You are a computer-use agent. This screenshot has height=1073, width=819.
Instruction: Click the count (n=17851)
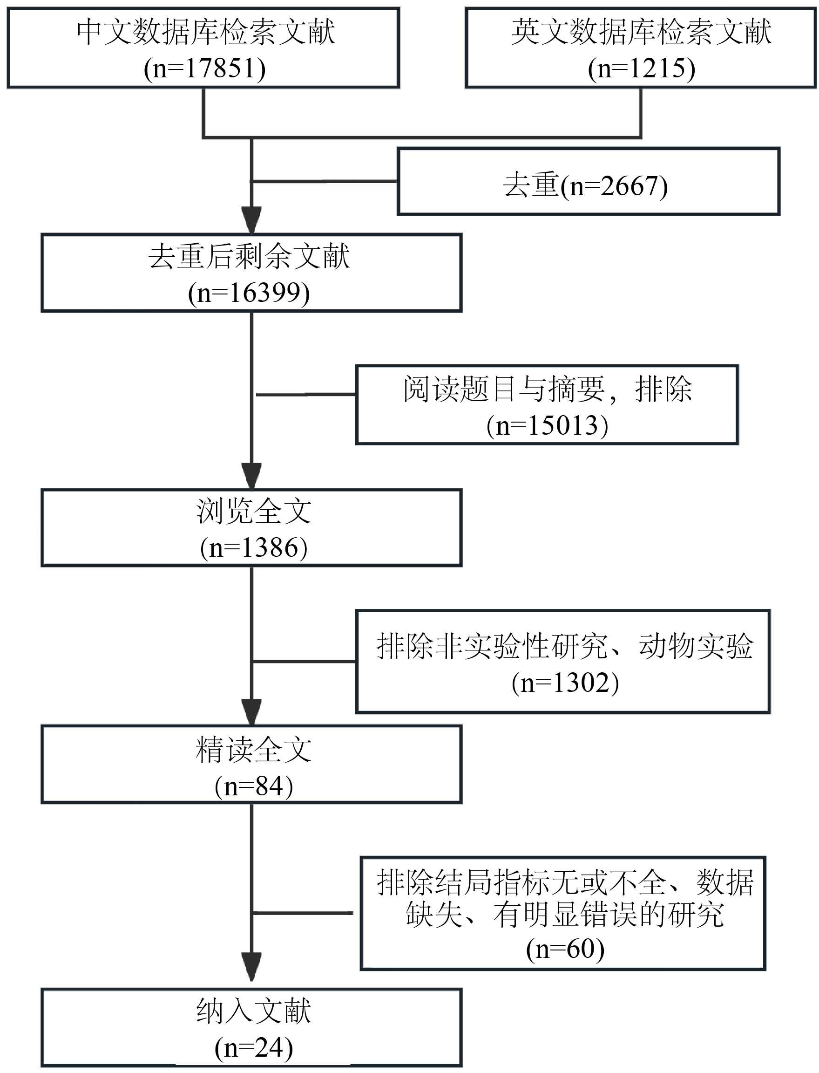(205, 68)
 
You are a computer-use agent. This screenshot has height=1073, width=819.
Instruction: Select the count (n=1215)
(641, 68)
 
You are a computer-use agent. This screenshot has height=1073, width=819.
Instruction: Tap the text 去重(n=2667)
(585, 185)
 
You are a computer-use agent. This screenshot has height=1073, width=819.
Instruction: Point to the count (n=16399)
(249, 293)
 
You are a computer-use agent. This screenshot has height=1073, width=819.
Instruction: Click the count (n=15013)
(547, 425)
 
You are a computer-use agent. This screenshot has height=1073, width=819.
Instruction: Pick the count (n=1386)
(253, 547)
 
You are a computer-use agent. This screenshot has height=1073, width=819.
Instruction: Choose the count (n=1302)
(565, 682)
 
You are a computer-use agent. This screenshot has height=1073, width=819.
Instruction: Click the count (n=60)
(565, 949)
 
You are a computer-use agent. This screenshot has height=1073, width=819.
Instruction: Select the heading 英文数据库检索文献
(641, 32)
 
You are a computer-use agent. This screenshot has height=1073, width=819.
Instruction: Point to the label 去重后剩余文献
(249, 257)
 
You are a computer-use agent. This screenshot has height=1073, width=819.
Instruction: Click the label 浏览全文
(253, 511)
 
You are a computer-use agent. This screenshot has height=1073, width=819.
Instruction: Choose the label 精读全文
(253, 750)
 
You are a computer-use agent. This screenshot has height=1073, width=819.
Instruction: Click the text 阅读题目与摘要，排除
(547, 389)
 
